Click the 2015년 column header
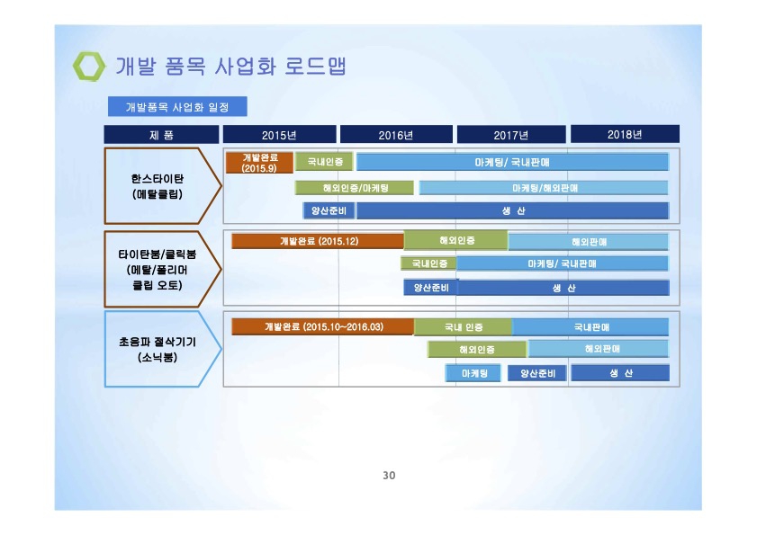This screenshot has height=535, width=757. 280,135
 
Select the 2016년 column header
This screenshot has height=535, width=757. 396,135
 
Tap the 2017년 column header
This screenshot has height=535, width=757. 511,135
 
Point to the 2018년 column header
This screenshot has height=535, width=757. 626,134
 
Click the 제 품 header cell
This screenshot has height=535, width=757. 161,135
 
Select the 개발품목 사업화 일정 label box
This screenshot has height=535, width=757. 177,107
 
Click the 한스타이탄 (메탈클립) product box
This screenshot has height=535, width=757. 163,186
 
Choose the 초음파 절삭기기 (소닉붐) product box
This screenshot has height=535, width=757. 163,349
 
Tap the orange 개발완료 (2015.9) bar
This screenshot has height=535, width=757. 260,163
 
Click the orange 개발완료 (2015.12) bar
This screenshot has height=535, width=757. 318,241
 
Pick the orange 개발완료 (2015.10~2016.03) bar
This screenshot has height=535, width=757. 323,326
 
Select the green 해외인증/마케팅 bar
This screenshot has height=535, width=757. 355,188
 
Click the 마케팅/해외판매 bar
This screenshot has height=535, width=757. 544,188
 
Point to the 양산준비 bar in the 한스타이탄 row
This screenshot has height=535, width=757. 329,210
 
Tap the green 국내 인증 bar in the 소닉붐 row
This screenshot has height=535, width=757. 463,326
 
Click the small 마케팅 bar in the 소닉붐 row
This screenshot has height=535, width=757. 473,373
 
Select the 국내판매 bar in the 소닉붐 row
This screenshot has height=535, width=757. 590,326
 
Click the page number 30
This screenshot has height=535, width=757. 389,475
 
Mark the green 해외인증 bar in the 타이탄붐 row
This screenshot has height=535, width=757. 456,240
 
